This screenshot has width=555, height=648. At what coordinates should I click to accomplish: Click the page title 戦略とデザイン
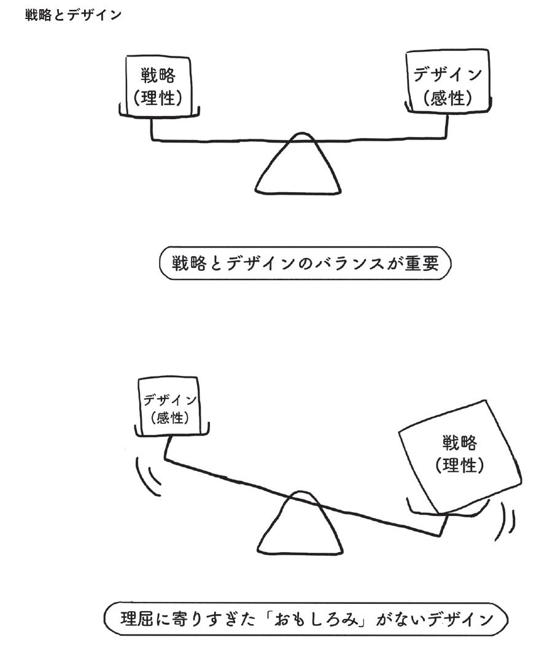[x=73, y=15]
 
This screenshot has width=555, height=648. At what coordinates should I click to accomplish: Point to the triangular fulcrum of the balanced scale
[x=299, y=167]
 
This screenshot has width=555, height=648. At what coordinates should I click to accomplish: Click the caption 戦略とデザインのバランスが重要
[x=305, y=263]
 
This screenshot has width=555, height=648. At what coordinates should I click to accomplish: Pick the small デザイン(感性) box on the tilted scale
[x=170, y=408]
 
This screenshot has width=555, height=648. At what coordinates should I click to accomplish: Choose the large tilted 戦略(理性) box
[x=460, y=455]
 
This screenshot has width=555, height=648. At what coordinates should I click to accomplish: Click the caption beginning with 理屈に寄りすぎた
[x=306, y=619]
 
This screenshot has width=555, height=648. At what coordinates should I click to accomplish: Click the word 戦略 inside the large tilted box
[x=460, y=443]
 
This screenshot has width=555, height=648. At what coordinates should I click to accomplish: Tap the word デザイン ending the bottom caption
[x=457, y=619]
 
